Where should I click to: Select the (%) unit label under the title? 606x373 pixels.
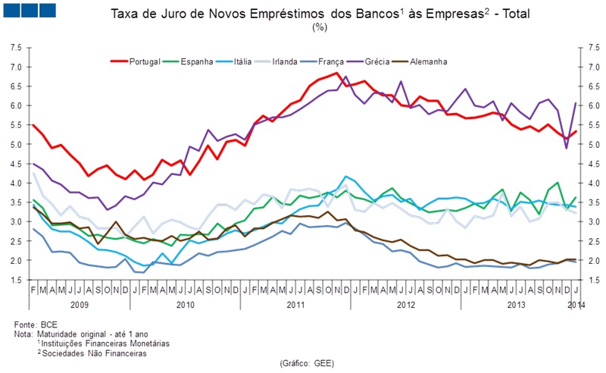pyautogui.click(x=319, y=28)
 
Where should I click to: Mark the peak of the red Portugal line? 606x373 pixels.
pyautogui.click(x=337, y=74)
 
